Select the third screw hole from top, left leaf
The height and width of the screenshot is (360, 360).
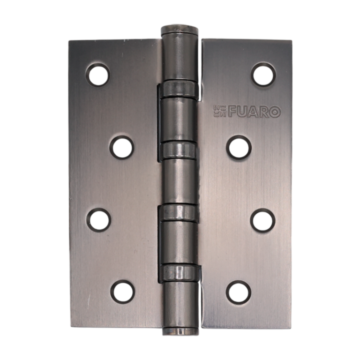99,219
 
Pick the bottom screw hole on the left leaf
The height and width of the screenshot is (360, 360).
123,291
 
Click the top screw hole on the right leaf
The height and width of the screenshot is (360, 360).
263,74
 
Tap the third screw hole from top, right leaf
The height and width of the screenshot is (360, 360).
263,220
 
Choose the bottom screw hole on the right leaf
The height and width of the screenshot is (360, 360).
238,291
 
